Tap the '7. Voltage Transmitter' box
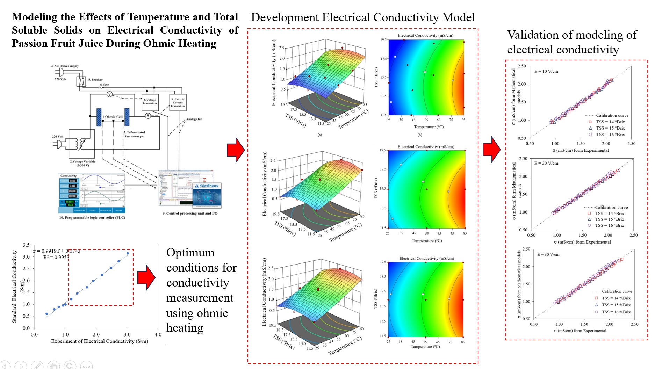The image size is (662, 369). click(x=150, y=102)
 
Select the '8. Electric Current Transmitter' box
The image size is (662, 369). click(x=178, y=102)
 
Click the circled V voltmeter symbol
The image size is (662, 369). click(x=109, y=94)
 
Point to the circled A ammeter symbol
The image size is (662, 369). click(x=148, y=116)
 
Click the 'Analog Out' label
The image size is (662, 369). click(x=194, y=119)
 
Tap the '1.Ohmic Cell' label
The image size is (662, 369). click(x=112, y=117)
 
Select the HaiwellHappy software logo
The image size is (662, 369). click(x=209, y=186)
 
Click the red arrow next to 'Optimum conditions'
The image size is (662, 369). click(x=146, y=277)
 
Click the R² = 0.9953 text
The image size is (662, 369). click(x=56, y=258)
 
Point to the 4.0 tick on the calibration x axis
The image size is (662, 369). click(x=158, y=335)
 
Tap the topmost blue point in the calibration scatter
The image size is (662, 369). click(x=128, y=253)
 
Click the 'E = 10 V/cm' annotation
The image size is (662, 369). click(x=546, y=72)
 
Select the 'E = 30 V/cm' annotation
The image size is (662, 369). click(x=548, y=255)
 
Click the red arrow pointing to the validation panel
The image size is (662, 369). click(x=491, y=149)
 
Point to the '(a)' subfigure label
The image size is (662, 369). click(x=319, y=135)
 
